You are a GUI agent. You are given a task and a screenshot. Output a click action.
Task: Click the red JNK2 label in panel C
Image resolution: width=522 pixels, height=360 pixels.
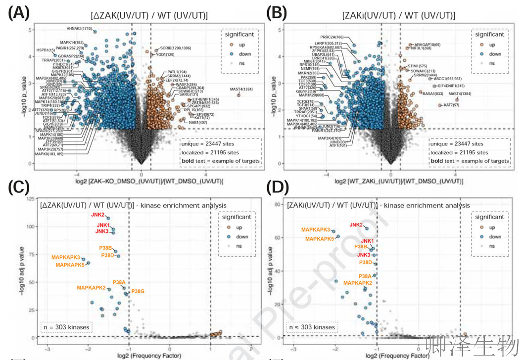(x=97, y=215)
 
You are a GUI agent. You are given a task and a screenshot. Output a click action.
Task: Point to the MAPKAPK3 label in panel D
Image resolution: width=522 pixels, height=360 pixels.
(x=315, y=230)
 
